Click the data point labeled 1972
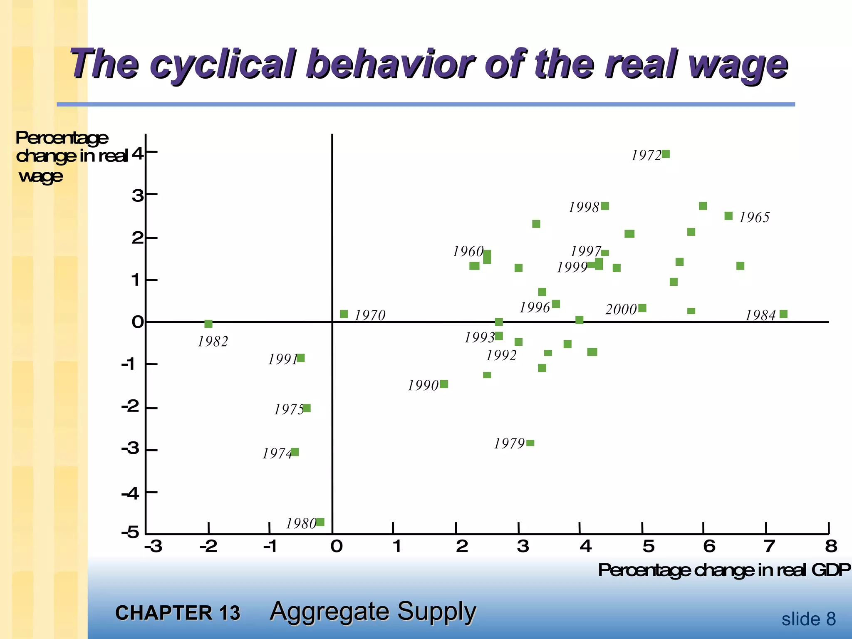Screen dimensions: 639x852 point(666,154)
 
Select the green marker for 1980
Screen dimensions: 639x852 point(320,522)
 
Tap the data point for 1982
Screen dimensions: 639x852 point(208,324)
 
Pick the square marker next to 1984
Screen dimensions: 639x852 point(783,314)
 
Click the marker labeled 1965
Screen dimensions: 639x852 point(728,216)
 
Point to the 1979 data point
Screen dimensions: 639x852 point(530,443)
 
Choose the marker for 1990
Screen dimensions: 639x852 point(444,384)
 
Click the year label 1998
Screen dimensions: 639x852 point(584,207)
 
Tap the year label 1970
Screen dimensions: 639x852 point(370,315)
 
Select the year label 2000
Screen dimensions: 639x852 point(621,310)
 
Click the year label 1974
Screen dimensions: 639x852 point(277,453)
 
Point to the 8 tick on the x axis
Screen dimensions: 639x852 point(831,546)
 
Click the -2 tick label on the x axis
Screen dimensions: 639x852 point(208,546)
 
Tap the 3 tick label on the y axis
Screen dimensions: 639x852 point(137,195)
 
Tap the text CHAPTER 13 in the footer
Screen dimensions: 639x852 point(178,613)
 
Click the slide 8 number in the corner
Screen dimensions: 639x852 point(808,619)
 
